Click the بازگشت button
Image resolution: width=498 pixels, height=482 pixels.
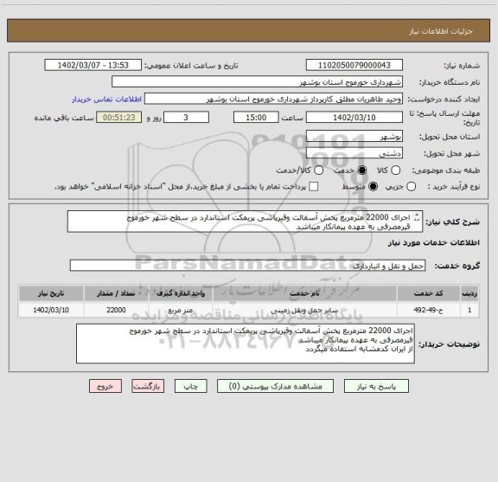[x=153, y=411]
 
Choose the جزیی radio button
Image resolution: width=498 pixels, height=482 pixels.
[x=411, y=186]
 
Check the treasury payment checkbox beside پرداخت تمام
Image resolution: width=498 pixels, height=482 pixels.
[x=313, y=186]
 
